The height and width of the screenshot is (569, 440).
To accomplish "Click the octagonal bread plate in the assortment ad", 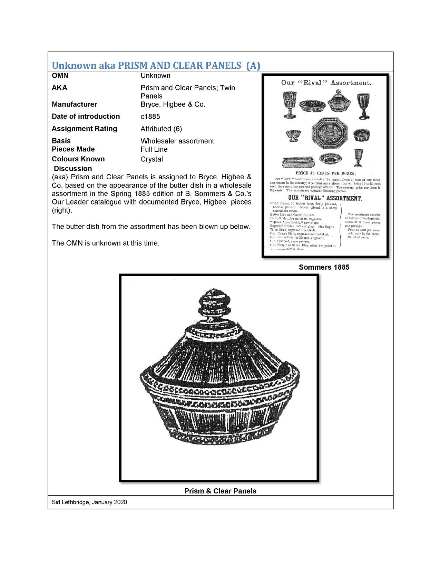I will [328, 133].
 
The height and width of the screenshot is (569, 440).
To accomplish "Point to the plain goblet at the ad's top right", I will [363, 106].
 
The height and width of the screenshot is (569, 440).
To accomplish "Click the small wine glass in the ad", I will [358, 157].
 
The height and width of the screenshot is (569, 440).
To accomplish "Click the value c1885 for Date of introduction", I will [150, 117].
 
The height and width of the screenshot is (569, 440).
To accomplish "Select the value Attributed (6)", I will [161, 129].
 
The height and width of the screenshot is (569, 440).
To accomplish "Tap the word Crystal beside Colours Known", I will [151, 159].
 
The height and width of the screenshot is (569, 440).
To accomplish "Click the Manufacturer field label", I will [74, 104].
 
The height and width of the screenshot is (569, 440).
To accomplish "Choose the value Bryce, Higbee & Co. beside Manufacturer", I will [173, 104].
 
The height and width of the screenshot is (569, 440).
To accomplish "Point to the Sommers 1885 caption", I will [324, 267].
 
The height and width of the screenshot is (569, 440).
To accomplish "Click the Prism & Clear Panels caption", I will [220, 491].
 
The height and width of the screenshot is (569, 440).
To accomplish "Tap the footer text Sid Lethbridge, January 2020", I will [89, 502].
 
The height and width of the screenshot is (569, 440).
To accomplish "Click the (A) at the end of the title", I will [253, 66].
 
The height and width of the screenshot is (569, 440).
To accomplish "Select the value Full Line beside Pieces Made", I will [154, 149].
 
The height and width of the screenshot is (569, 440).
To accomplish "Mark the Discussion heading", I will [73, 169].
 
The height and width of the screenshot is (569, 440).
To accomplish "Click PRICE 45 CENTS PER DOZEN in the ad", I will [325, 173].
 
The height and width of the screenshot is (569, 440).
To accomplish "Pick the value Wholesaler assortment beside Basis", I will [177, 141].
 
